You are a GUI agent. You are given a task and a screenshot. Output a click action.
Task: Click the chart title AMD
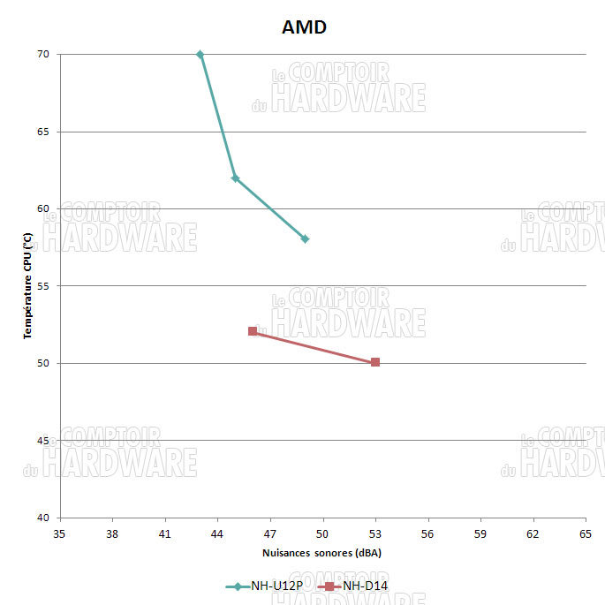coord(304,27)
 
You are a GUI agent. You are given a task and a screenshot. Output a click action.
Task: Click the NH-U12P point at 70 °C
coord(200,55)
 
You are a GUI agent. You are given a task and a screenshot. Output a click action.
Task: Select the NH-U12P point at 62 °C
coord(235,178)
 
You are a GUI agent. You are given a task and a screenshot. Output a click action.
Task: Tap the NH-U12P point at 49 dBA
coord(305,239)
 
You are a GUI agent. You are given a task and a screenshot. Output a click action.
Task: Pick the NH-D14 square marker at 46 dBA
coord(253,331)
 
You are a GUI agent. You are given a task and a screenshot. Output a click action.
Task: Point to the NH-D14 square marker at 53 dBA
coord(375,362)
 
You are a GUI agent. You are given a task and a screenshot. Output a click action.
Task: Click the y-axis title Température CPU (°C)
coord(27,285)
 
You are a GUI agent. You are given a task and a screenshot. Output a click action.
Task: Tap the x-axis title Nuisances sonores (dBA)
coord(321,553)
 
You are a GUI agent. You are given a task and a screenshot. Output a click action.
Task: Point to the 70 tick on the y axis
coord(42,55)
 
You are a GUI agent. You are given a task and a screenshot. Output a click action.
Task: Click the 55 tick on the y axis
coord(42,286)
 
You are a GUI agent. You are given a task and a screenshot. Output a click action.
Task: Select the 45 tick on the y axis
coord(42,440)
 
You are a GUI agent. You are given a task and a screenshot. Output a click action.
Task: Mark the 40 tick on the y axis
coord(42,518)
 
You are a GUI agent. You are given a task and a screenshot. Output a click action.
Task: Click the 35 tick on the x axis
coord(60,533)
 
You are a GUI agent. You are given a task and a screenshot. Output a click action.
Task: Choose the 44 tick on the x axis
coord(217,533)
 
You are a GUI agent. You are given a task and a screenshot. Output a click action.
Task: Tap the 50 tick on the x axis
coord(322,533)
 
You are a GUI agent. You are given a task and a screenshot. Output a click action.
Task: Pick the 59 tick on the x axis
coord(480,533)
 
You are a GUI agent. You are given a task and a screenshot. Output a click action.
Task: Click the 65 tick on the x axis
coord(585,533)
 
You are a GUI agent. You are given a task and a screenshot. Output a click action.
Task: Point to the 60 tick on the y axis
coord(42,209)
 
